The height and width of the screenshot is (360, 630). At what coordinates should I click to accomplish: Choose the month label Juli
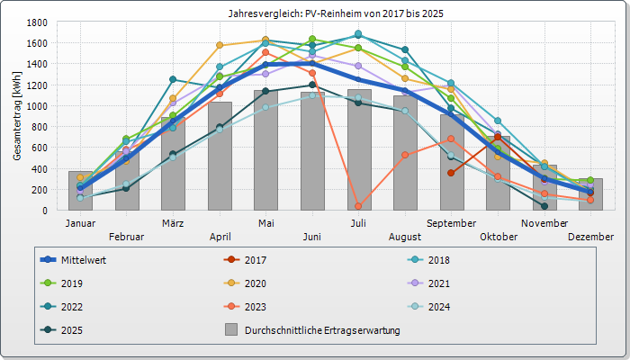tap(358, 222)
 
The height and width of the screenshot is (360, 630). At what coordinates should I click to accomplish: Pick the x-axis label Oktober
tap(499, 237)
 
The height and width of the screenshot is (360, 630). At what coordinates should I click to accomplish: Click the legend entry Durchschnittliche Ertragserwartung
tap(321, 330)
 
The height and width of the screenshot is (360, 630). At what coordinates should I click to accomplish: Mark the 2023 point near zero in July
tap(358, 206)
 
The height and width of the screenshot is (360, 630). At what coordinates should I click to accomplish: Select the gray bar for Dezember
tap(591, 194)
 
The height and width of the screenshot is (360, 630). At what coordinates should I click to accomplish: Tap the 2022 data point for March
tap(173, 79)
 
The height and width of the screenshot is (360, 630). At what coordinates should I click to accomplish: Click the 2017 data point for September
tap(451, 173)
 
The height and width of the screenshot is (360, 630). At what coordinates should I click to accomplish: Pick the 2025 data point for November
tap(544, 206)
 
